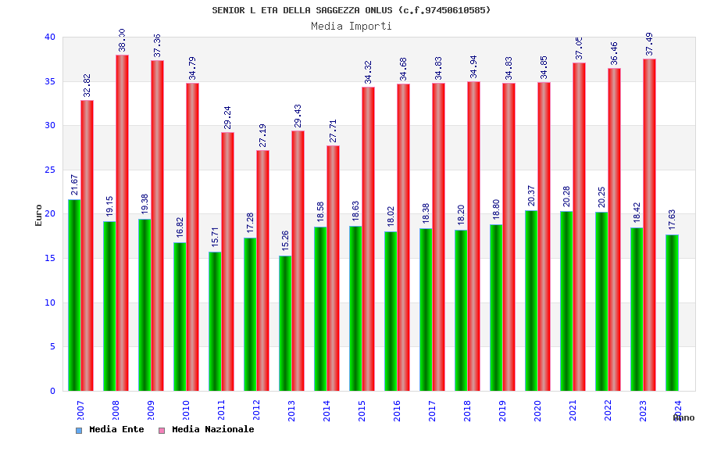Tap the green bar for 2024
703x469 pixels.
pyautogui.click(x=672, y=313)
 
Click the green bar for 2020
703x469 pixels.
pyautogui.click(x=531, y=300)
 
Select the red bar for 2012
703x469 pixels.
pyautogui.click(x=263, y=270)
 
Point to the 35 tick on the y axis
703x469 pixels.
pyautogui.click(x=50, y=81)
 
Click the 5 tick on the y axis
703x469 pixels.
pyautogui.click(x=52, y=346)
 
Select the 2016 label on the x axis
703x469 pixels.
pyautogui.click(x=398, y=411)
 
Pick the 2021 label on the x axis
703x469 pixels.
pyautogui.click(x=573, y=411)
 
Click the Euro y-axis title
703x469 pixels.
pyautogui.click(x=39, y=215)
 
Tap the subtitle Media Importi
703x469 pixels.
pyautogui.click(x=351, y=26)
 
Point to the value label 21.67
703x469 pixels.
pyautogui.click(x=75, y=184)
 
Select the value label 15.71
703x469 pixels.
pyautogui.click(x=216, y=237)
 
